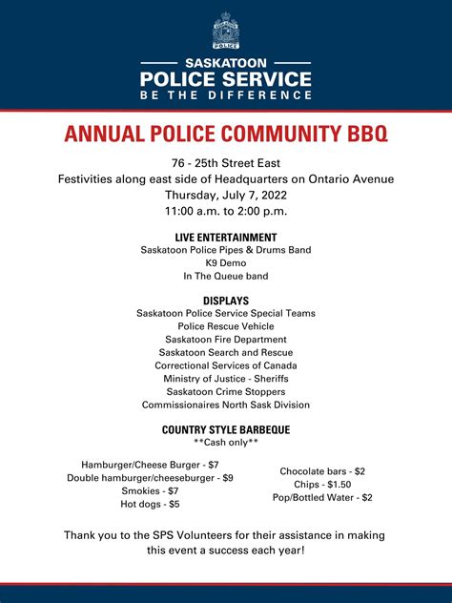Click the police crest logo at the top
pyautogui.click(x=226, y=31)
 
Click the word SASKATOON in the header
pyautogui.click(x=226, y=63)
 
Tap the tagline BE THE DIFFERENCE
pyautogui.click(x=226, y=95)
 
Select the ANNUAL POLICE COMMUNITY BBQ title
pyautogui.click(x=226, y=134)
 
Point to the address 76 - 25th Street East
pyautogui.click(x=226, y=163)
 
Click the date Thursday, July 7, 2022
pyautogui.click(x=226, y=195)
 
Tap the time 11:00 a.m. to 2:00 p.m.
pyautogui.click(x=226, y=211)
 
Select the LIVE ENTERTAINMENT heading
pyautogui.click(x=226, y=237)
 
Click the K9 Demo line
pyautogui.click(x=226, y=263)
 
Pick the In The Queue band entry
pyautogui.click(x=226, y=277)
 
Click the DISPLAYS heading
pyautogui.click(x=226, y=301)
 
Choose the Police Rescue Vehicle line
pyautogui.click(x=226, y=326)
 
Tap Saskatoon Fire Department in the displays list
pyautogui.click(x=226, y=340)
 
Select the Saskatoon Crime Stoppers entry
pyautogui.click(x=226, y=392)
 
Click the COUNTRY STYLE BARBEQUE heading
pyautogui.click(x=226, y=430)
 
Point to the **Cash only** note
pyautogui.click(x=226, y=444)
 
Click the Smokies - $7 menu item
pyautogui.click(x=150, y=490)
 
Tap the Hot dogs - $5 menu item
pyautogui.click(x=150, y=504)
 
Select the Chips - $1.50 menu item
pyautogui.click(x=322, y=485)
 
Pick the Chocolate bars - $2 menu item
pyautogui.click(x=322, y=471)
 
